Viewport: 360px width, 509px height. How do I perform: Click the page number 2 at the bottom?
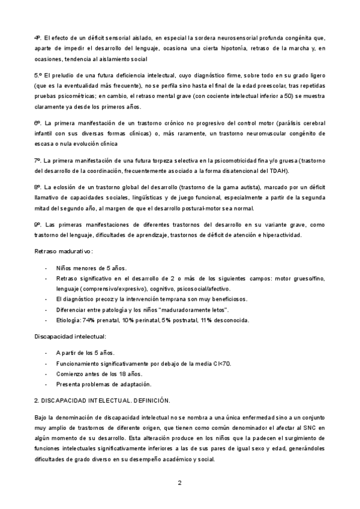click(x=179, y=482)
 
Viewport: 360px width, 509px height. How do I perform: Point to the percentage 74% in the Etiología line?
click(x=91, y=320)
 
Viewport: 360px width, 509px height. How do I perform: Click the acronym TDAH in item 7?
click(x=279, y=171)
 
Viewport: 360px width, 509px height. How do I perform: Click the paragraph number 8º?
click(x=38, y=188)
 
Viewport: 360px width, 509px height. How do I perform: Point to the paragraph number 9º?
click(x=38, y=224)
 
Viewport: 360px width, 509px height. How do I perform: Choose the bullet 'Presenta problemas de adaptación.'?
click(x=104, y=384)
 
